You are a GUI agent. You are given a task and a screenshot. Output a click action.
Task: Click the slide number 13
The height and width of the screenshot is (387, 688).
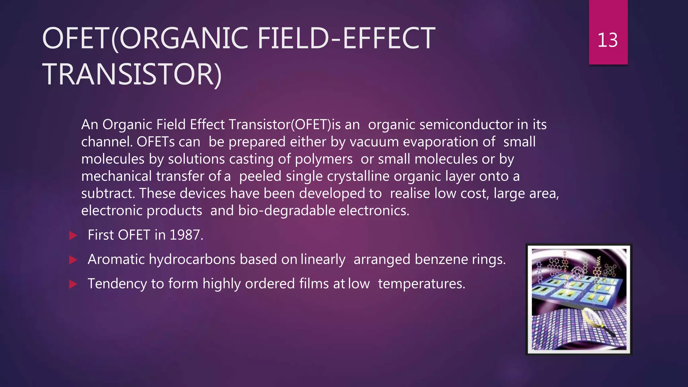coord(607,40)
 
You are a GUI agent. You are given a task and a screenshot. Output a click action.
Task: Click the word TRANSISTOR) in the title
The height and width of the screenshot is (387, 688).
coord(132,74)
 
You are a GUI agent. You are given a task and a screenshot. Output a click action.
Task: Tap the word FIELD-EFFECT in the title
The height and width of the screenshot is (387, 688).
coord(346,39)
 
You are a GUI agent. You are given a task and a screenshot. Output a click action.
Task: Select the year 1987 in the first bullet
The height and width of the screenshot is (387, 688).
coord(186,235)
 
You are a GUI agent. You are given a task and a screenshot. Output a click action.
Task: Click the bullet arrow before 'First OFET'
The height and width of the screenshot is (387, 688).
coord(73,235)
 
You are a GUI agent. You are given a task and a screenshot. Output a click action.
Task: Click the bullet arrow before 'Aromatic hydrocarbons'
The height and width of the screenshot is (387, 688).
coord(73,260)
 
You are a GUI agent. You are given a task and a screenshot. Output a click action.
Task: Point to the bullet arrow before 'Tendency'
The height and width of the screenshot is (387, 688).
coord(73,284)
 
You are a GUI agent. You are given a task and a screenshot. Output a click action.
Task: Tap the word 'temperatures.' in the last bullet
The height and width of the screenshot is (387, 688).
coord(422,284)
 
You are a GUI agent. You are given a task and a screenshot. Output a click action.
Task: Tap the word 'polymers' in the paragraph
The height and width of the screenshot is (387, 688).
coord(324,159)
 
